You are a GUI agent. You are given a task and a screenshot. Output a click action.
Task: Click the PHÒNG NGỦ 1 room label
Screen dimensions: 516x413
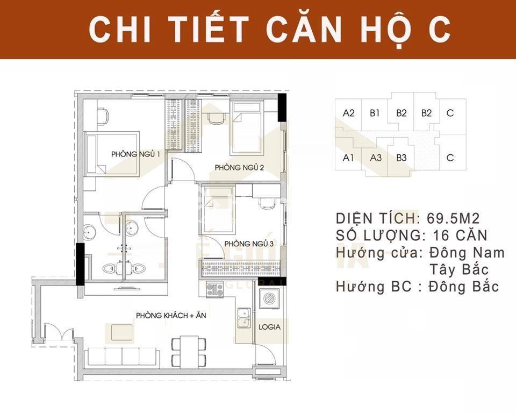click(135, 154)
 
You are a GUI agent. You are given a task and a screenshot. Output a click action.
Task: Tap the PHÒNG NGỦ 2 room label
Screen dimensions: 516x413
click(239, 167)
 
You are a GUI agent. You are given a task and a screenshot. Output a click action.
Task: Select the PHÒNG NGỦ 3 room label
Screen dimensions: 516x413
click(249, 244)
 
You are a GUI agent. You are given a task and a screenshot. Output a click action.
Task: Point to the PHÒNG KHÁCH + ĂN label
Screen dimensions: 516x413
click(171, 315)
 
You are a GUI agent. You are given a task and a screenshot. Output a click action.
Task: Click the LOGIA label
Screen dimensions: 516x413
click(269, 327)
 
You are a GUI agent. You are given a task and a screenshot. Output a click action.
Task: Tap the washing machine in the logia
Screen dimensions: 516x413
click(269, 298)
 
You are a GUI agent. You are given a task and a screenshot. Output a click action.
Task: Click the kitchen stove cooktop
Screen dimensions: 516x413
click(214, 289)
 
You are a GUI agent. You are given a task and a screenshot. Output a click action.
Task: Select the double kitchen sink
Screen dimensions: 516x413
click(244, 318)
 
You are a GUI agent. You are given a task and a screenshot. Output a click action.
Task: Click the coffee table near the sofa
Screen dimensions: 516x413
click(122, 332)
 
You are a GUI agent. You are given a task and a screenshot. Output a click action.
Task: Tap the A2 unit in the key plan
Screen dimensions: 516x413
click(348, 113)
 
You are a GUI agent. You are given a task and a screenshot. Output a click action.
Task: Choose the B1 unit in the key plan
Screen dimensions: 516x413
click(375, 113)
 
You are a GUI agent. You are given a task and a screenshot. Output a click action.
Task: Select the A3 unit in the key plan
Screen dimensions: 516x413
click(376, 158)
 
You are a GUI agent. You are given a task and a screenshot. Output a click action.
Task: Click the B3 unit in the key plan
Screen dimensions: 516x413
click(402, 158)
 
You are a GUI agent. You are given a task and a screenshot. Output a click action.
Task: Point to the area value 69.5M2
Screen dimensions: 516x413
click(453, 218)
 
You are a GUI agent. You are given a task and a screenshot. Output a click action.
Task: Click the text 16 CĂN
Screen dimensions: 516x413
click(460, 235)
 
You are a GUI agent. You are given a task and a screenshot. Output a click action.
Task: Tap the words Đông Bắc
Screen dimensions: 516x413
click(464, 286)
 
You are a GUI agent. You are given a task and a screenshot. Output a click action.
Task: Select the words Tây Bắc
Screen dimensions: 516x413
click(459, 269)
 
